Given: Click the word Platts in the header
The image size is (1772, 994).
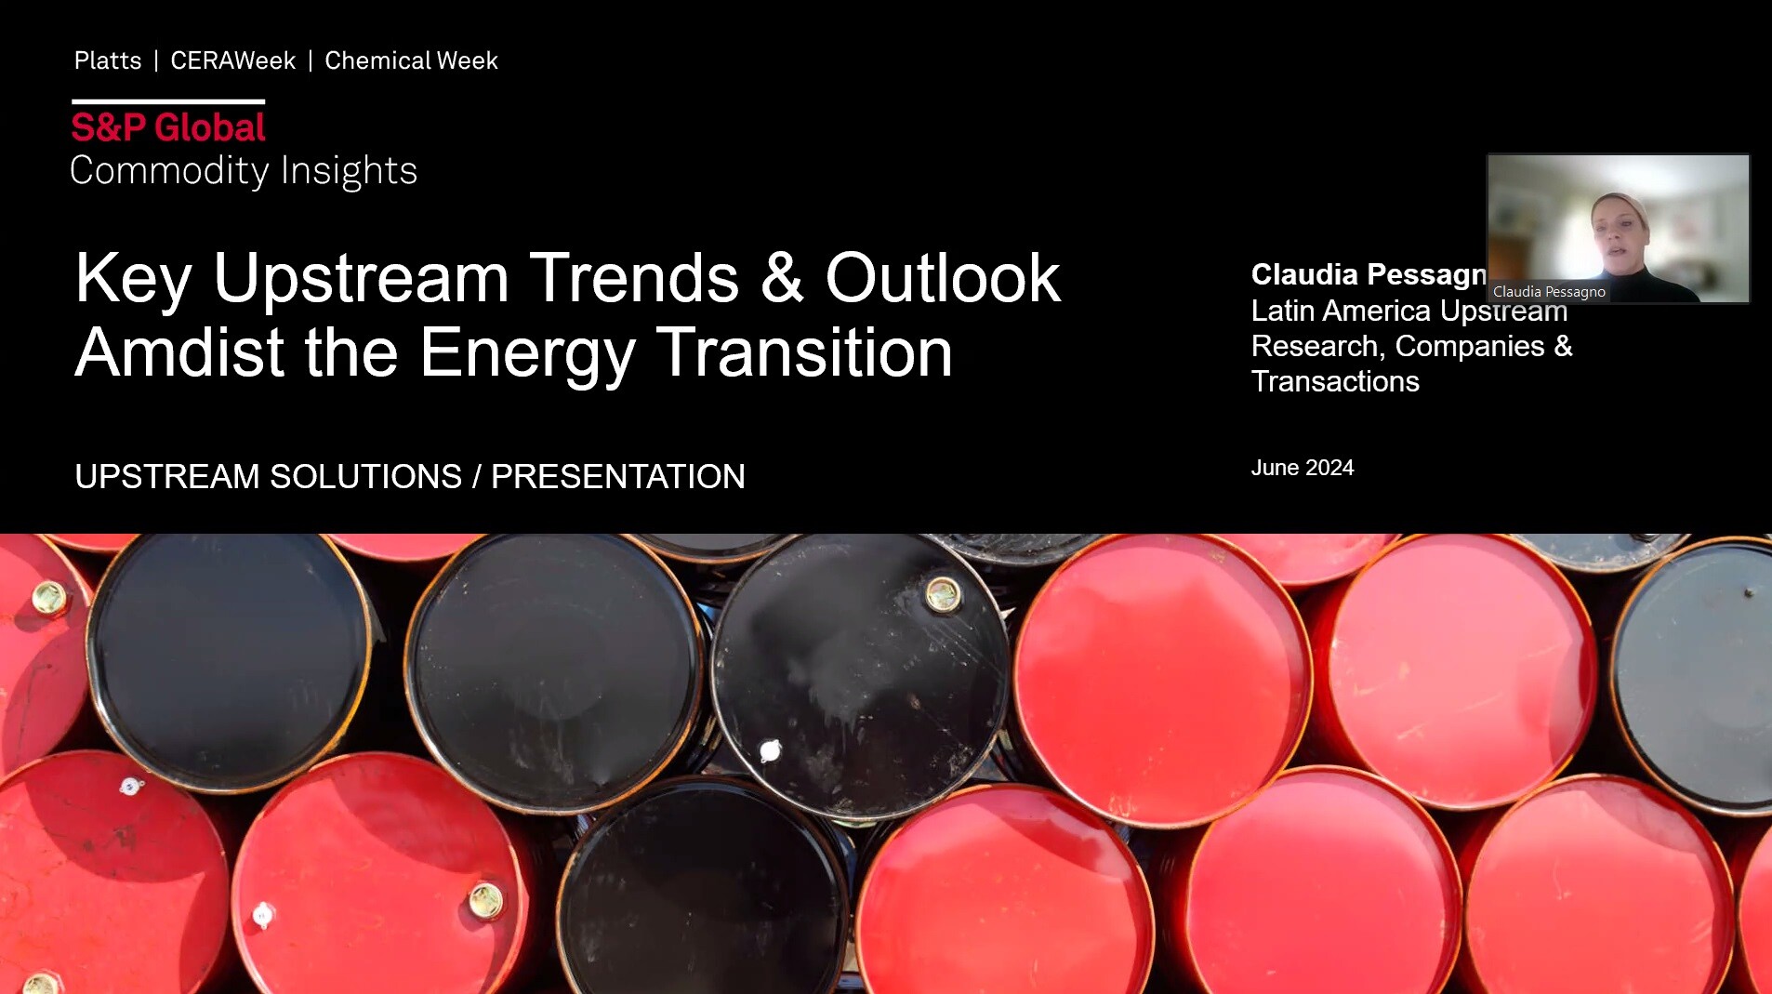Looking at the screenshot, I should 108,60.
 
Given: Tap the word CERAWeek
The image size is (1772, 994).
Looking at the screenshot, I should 232,60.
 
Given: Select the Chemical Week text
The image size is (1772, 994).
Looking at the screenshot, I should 411,60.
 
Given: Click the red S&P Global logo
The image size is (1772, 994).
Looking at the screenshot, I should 168,127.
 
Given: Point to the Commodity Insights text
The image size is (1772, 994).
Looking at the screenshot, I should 244,170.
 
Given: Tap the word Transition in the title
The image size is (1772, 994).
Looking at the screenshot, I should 804,352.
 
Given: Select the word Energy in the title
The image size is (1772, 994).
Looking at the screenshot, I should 527,352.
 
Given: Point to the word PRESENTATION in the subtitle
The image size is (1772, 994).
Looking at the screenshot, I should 617,476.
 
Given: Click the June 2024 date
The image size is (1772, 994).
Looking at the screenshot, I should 1302,468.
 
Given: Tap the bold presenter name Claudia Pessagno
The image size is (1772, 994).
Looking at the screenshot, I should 1368,274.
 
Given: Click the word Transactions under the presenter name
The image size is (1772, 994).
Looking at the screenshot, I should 1335,381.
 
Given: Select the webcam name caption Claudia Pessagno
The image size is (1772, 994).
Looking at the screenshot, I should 1549,292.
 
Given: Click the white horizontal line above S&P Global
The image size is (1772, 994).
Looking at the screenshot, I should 168,101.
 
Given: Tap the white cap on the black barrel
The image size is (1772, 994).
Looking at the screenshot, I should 771,750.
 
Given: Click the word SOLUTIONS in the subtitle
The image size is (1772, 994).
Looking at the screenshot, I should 365,476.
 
